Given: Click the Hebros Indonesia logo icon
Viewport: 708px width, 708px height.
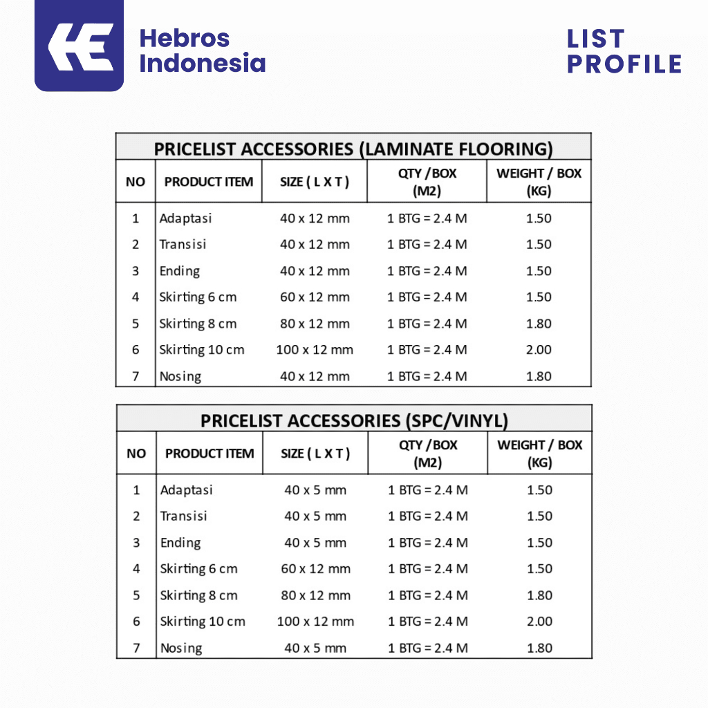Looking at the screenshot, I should (79, 46).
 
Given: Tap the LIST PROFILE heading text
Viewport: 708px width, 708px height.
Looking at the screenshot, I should (624, 51).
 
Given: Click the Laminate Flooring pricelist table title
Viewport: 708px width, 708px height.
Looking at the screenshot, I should (353, 149).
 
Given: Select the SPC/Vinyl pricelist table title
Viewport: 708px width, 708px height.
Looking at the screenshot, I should (354, 420).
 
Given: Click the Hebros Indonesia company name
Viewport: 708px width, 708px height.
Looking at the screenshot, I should (202, 51).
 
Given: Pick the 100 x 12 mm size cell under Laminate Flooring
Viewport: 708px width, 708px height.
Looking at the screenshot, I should (315, 350).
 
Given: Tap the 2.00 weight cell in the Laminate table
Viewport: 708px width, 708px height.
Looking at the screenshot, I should (539, 350).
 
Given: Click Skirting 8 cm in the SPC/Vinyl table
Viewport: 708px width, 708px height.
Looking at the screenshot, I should (198, 595).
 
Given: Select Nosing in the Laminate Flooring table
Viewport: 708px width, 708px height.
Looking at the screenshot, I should (180, 377).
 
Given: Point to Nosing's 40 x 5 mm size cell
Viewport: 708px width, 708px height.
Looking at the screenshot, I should (315, 649).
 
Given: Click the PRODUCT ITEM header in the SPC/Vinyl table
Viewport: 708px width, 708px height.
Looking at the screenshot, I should (209, 454).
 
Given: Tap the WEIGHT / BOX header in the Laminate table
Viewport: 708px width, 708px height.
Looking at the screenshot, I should (539, 182).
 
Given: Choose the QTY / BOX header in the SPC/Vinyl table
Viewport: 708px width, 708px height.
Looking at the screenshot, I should (428, 454).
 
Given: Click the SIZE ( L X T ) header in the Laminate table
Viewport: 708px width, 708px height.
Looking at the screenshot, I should (315, 182).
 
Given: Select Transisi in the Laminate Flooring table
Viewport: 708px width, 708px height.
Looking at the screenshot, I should (183, 244).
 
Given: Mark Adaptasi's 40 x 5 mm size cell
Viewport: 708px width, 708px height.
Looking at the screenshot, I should (315, 490).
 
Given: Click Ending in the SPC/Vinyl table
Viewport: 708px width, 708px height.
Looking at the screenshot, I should (180, 543).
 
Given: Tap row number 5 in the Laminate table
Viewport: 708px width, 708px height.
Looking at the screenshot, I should (136, 324).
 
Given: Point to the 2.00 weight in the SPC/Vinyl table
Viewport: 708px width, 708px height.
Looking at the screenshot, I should (539, 622).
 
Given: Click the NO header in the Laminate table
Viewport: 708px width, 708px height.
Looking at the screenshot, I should (136, 182).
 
